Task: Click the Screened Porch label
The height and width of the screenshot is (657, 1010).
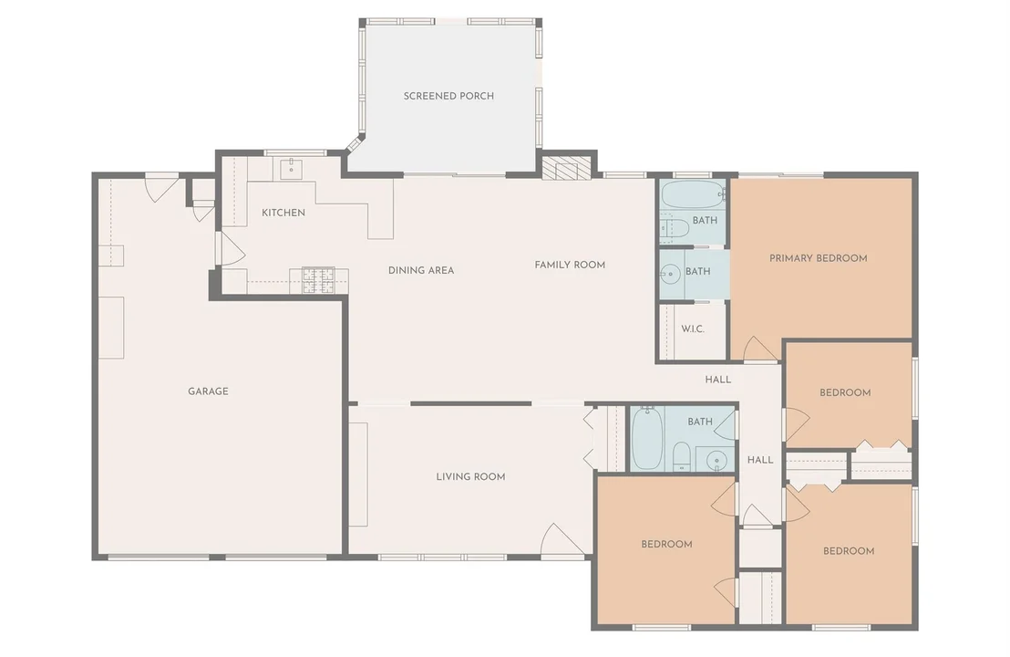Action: click(x=448, y=96)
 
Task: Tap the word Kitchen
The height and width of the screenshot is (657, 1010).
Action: click(x=283, y=213)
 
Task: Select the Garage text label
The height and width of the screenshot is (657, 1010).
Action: click(x=208, y=391)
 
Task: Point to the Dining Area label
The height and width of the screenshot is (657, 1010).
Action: click(x=421, y=270)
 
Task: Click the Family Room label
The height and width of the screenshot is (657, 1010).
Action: click(x=570, y=265)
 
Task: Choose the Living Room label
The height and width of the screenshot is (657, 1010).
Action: click(x=471, y=477)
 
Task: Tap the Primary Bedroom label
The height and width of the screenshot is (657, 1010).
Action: click(x=818, y=258)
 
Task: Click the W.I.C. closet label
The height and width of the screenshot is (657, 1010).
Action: click(x=693, y=328)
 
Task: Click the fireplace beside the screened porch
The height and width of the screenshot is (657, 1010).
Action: click(x=566, y=168)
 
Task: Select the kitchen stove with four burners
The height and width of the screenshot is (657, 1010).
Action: click(x=319, y=281)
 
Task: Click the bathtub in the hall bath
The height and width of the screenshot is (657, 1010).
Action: click(x=646, y=440)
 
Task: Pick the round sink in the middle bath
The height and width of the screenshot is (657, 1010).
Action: click(x=671, y=275)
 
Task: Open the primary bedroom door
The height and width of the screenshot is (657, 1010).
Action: click(x=758, y=349)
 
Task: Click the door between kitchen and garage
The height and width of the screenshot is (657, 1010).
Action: click(x=231, y=247)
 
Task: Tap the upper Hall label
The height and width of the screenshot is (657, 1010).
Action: click(x=718, y=380)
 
